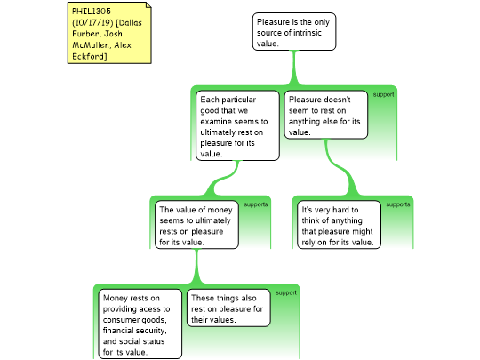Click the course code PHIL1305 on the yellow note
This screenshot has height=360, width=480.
tap(92, 12)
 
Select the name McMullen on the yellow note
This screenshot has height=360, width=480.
tap(91, 45)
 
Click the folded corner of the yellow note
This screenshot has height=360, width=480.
tap(148, 5)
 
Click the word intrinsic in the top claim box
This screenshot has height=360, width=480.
tap(305, 33)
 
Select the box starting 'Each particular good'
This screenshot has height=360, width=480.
tap(237, 125)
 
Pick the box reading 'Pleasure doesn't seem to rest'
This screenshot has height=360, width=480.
tap(326, 115)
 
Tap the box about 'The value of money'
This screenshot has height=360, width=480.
tap(196, 225)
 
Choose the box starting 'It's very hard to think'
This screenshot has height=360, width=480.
tap(339, 225)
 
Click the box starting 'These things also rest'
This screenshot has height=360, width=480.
tap(228, 308)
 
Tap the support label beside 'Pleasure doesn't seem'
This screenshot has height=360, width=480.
tap(383, 95)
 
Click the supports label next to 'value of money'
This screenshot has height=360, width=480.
tap(256, 204)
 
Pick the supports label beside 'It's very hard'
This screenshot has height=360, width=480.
tap(398, 204)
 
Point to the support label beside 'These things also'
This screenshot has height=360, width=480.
tap(286, 293)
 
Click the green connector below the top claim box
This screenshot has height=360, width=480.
tap(294, 68)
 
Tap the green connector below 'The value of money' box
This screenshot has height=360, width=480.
tap(196, 267)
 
